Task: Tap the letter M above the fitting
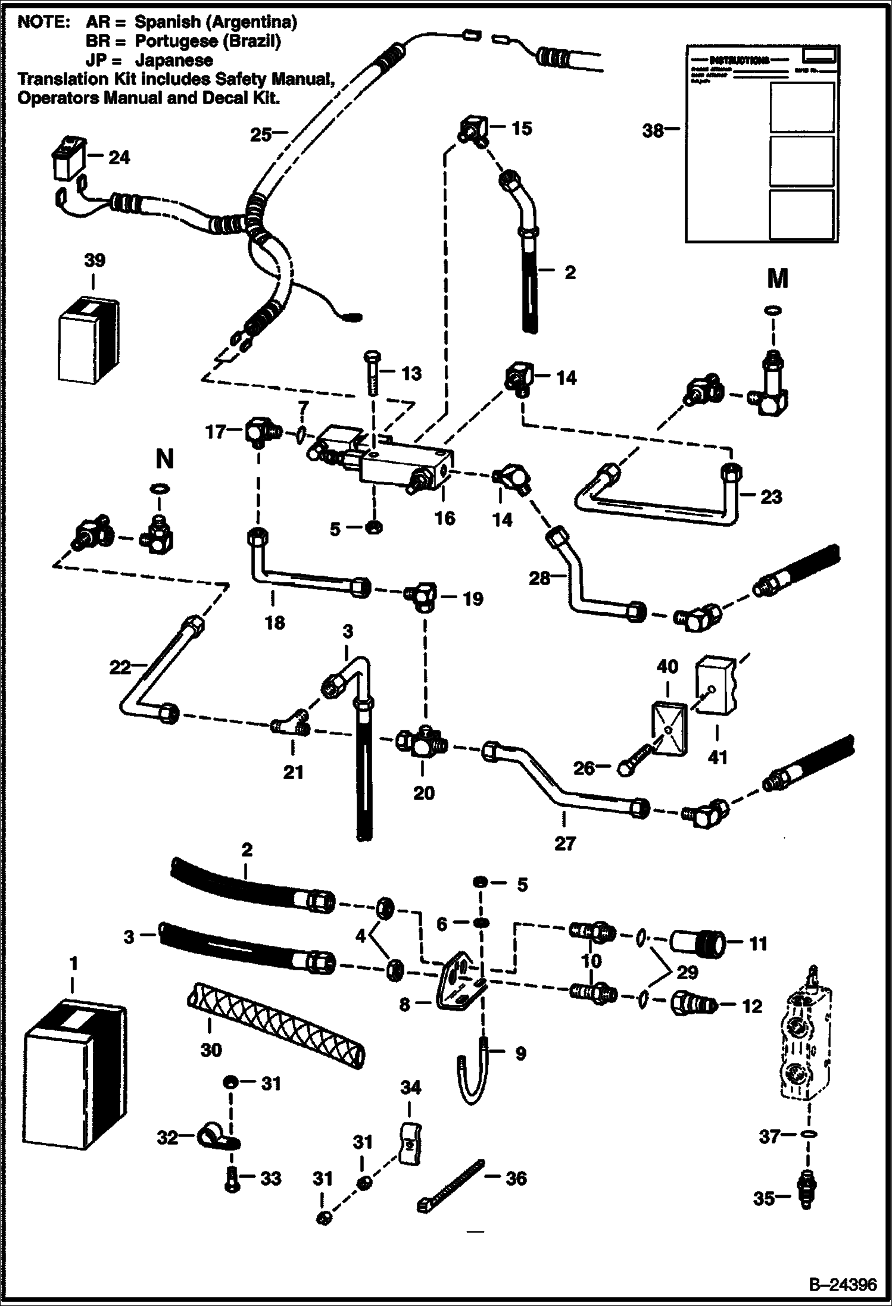click(778, 278)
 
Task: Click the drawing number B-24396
click(843, 1285)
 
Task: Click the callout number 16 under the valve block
click(444, 518)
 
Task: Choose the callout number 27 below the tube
click(564, 843)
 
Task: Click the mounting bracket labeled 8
click(459, 988)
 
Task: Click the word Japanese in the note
click(174, 60)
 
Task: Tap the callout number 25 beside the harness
click(260, 135)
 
